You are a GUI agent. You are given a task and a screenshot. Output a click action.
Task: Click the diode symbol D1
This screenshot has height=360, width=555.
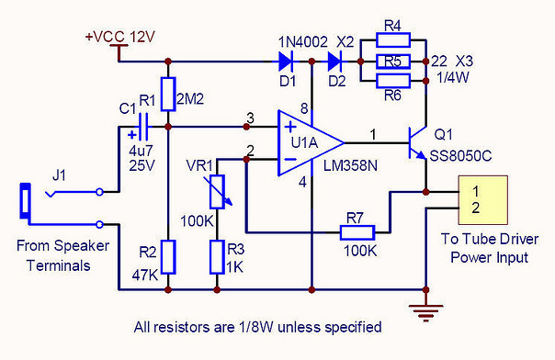point(285,62)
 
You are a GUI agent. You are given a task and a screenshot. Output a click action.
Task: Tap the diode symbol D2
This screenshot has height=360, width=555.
point(334,62)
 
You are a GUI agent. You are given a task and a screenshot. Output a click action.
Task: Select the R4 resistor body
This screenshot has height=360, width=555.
point(393,40)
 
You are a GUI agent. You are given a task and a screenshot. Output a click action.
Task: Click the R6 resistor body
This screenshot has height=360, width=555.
point(393,81)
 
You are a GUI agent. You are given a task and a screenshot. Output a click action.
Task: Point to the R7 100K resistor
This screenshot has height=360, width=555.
point(357,232)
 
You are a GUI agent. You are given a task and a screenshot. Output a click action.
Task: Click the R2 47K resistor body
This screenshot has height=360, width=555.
point(168,257)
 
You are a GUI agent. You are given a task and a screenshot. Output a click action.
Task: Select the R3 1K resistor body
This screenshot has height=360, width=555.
point(217,257)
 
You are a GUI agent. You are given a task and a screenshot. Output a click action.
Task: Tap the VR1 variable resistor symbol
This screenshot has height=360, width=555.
point(218,192)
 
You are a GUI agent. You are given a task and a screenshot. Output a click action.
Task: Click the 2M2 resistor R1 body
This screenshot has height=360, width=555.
point(168,94)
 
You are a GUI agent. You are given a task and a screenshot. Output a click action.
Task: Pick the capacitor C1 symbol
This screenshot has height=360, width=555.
point(143,127)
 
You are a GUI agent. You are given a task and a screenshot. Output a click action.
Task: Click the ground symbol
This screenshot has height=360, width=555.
point(425,312)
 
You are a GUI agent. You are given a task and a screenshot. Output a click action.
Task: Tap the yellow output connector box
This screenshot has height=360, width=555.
point(483,200)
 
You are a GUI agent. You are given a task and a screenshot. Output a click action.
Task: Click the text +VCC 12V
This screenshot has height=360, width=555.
point(120,37)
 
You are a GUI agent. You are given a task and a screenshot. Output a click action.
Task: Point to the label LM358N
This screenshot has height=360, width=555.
point(350,165)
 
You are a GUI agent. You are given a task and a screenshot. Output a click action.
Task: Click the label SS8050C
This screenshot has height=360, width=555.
point(460,156)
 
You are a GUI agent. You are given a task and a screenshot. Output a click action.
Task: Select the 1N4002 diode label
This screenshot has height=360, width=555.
point(303,42)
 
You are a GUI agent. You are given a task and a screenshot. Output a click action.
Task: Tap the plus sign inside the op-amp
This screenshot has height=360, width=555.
point(290,127)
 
